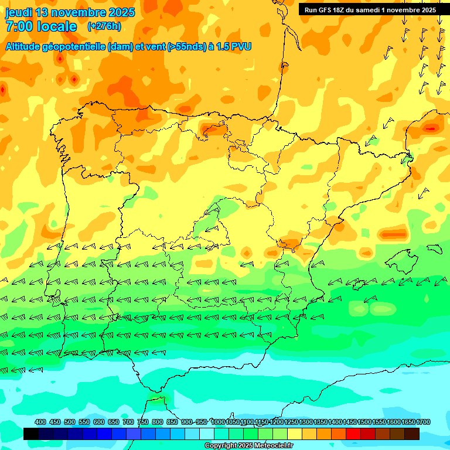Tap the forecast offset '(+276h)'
tap(104, 26)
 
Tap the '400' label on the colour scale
tap(40, 422)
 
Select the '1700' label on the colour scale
tap(424, 422)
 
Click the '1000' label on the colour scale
tap(217, 422)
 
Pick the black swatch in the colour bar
tap(31, 434)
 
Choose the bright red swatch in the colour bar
tap(353, 434)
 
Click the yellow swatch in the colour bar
tap(295, 434)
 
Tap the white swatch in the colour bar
tap(207, 434)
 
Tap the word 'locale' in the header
tap(57, 26)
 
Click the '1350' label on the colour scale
tap(321, 422)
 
